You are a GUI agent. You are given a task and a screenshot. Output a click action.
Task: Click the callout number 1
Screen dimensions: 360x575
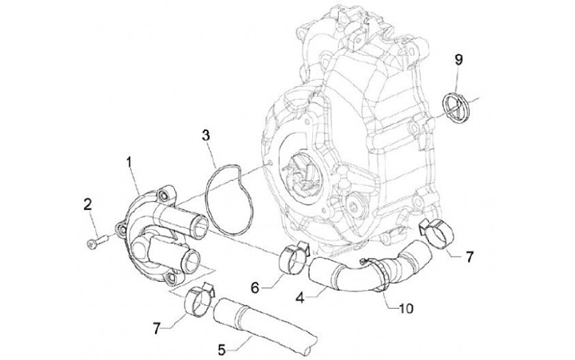tap(128, 163)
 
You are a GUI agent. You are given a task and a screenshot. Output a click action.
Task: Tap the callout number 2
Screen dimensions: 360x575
tap(87, 207)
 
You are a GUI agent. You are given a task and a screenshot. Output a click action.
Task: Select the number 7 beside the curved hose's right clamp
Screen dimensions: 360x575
tap(469, 257)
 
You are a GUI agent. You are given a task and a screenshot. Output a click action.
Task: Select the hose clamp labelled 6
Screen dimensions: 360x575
tap(291, 255)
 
